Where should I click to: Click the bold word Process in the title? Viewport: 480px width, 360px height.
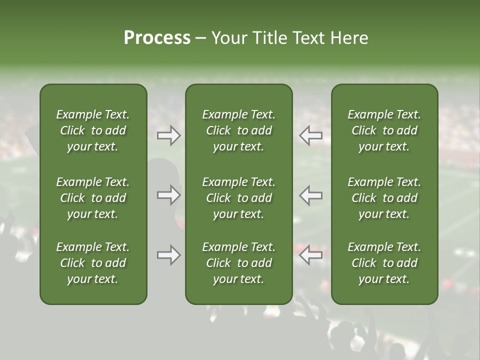click(157, 38)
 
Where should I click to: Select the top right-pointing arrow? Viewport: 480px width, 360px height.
click(169, 135)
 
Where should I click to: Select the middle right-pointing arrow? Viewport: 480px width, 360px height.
click(169, 195)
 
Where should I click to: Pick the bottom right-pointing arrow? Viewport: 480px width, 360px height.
click(169, 255)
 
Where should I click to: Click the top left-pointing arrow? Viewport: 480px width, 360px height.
click(310, 135)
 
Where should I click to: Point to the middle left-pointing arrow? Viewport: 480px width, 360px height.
click(310, 195)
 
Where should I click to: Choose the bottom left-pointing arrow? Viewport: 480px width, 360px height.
click(310, 255)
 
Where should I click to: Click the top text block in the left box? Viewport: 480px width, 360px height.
click(93, 130)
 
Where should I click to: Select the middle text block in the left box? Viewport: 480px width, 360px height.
click(93, 198)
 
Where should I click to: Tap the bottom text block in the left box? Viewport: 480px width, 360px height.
click(93, 263)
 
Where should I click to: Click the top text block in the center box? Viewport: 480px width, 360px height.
click(238, 130)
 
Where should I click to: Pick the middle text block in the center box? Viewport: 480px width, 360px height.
click(238, 198)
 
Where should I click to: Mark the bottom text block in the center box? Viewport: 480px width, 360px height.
click(238, 263)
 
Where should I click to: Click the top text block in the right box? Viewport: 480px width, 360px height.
click(384, 130)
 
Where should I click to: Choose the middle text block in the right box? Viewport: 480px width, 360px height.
click(384, 198)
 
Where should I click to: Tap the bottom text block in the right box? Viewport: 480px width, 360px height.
click(384, 263)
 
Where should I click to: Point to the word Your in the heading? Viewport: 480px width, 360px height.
click(228, 38)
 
